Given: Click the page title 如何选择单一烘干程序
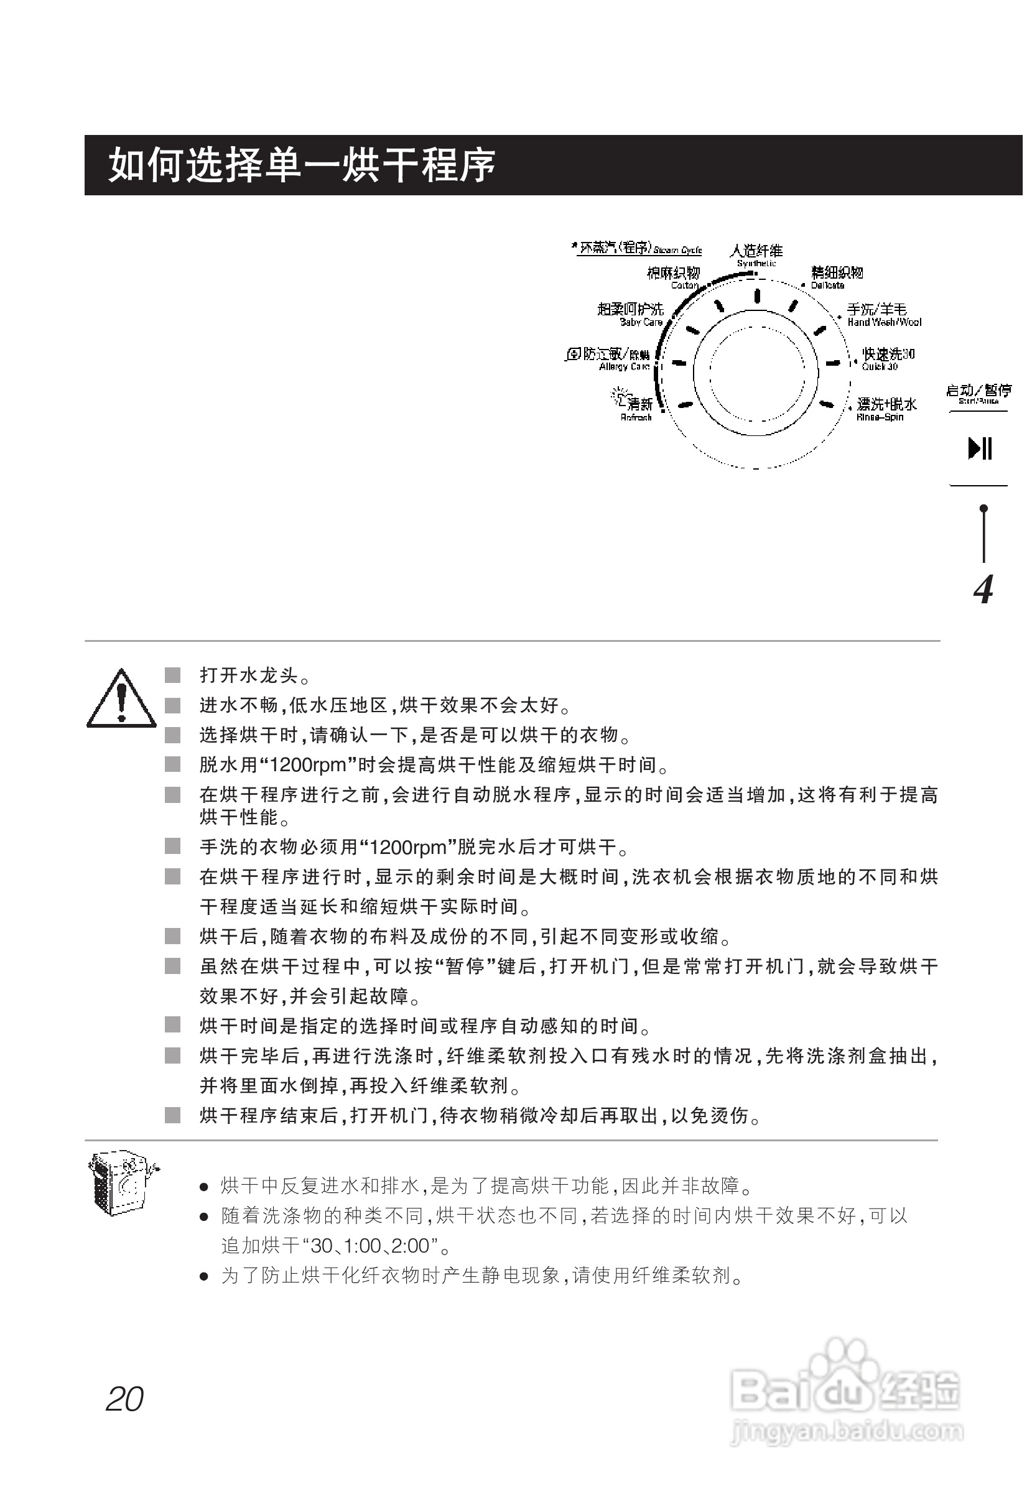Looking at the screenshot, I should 301,165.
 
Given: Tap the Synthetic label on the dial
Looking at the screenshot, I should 756,255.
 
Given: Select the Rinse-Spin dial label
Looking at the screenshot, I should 885,409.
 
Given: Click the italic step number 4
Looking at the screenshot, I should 983,589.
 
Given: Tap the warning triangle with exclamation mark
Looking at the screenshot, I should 121,700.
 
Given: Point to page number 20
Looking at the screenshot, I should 125,1399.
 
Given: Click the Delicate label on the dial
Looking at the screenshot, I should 835,277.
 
